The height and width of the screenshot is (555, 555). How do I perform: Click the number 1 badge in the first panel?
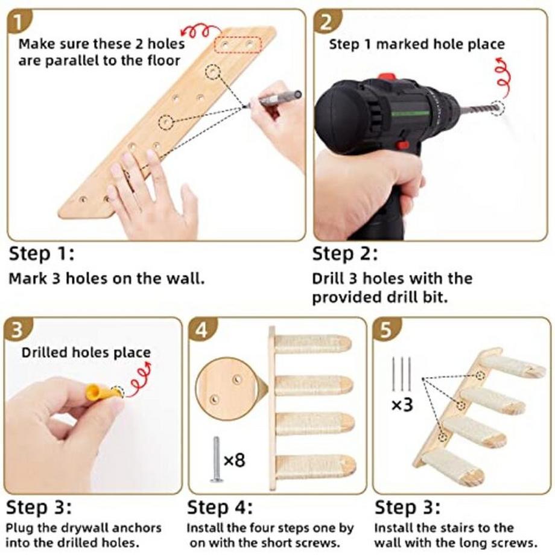coord(19,22)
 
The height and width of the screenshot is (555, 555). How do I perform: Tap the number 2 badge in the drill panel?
coord(326,21)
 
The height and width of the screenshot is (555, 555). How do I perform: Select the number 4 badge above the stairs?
coord(201,330)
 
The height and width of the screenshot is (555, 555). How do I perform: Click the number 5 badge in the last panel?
coord(386,330)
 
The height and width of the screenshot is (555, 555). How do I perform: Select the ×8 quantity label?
coord(235,460)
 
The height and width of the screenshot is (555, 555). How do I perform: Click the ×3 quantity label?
coord(402,405)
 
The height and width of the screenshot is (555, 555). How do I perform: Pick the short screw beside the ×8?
coord(215,460)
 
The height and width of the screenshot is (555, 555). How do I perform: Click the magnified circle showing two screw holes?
coord(226,388)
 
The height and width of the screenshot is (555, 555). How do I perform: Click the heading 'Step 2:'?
coord(344,255)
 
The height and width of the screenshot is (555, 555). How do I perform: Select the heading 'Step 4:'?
coord(220,507)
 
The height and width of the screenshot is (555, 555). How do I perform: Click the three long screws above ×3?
coord(401,374)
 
